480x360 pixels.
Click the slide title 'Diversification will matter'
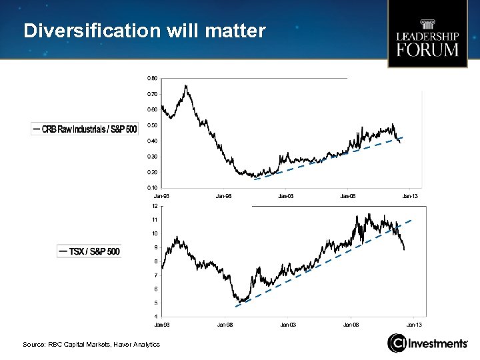pos(144,31)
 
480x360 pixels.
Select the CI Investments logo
pos(428,343)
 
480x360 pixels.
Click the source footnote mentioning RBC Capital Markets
pos(91,344)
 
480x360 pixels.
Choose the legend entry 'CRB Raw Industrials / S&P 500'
pos(85,128)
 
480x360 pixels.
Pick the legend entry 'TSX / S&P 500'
pos(89,251)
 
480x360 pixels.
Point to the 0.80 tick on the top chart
pos(152,78)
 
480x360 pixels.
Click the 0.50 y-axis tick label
pos(152,125)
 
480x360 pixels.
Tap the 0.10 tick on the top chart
pos(152,187)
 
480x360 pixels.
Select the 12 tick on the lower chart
pos(155,206)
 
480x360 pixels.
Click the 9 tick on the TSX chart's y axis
pos(155,247)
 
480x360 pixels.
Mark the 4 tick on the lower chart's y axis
pos(155,317)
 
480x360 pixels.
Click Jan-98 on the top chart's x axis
pos(223,196)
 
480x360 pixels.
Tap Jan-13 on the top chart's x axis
pos(409,196)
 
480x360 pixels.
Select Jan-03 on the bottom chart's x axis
pos(288,325)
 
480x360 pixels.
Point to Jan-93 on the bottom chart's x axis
pos(162,325)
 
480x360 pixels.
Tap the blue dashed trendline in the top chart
pos(327,159)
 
